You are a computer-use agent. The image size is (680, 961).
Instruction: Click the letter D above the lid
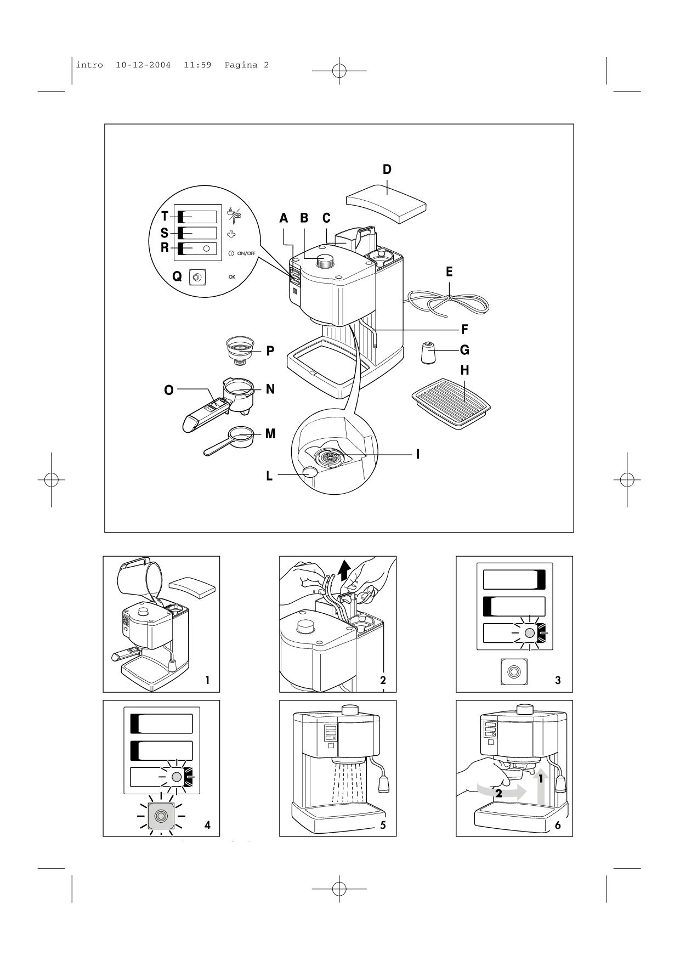coord(387,169)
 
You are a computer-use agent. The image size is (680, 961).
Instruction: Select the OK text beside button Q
coord(232,277)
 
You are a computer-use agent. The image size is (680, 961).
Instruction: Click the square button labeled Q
coord(197,277)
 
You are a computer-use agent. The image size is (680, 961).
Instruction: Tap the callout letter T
coord(165,217)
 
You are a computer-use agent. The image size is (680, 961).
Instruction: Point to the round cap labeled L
coord(311,471)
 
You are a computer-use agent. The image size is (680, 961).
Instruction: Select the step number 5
coord(383,824)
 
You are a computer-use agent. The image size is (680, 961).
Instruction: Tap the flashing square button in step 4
coord(161,816)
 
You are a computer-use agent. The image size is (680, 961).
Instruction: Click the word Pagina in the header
coord(241,65)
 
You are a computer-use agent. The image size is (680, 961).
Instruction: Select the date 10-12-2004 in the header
coord(143,65)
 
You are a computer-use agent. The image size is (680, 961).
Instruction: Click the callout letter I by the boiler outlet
coord(418,454)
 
